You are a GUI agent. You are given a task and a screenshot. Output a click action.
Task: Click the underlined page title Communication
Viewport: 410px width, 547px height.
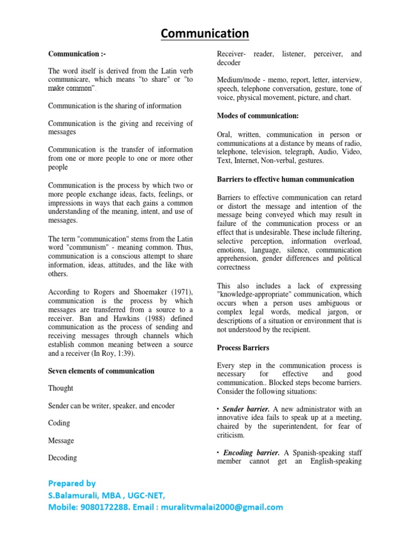[205, 34]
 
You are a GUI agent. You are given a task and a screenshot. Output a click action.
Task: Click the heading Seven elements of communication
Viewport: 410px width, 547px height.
[101, 371]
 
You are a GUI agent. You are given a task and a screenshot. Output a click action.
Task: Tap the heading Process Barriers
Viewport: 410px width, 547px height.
[243, 348]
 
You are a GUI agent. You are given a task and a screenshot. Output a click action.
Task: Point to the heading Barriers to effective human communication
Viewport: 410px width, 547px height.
[286, 179]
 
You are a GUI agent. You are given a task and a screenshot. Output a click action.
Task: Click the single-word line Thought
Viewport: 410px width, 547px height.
[61, 388]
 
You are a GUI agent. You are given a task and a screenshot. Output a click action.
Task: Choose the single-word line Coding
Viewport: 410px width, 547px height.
[59, 423]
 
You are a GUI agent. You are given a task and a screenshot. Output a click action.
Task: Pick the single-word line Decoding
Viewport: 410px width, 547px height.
[62, 458]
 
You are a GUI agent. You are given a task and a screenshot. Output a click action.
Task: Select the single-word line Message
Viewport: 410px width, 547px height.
[61, 441]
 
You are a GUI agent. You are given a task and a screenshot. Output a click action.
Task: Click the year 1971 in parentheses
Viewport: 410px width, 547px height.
[181, 292]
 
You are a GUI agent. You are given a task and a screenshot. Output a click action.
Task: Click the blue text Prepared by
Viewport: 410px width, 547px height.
[72, 483]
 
